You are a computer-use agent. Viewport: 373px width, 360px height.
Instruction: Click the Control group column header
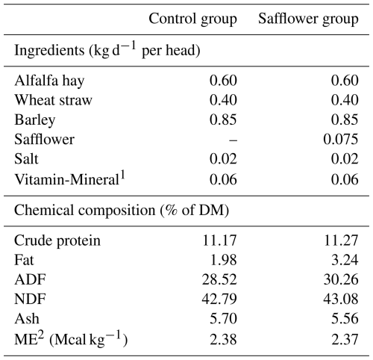192,19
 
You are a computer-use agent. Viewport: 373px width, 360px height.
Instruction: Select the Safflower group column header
308,19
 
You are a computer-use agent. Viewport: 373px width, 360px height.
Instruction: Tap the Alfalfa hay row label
49,81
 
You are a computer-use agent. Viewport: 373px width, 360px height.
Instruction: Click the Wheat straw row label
53,100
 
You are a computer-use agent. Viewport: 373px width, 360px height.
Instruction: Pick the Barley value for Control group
223,120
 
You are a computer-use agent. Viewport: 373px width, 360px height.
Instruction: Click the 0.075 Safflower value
341,139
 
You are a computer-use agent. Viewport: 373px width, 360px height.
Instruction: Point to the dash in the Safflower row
233,140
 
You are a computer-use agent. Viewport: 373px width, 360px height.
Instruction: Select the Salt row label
26,159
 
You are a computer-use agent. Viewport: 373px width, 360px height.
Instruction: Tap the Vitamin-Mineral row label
66,179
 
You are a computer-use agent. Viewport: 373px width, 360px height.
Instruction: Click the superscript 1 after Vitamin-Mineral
122,176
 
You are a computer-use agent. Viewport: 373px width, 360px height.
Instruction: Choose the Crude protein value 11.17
219,240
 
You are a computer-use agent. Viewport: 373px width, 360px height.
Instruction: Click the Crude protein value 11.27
341,240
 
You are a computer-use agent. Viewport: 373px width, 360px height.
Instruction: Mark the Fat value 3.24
345,260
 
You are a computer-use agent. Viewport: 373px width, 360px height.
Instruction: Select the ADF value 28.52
219,279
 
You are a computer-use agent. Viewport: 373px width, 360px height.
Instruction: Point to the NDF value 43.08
341,299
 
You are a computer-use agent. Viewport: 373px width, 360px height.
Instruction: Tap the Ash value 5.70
223,319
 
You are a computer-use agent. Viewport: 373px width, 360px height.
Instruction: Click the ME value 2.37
345,340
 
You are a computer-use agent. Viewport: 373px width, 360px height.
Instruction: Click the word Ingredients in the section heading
49,51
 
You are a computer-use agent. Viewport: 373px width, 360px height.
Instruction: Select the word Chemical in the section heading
44,210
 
